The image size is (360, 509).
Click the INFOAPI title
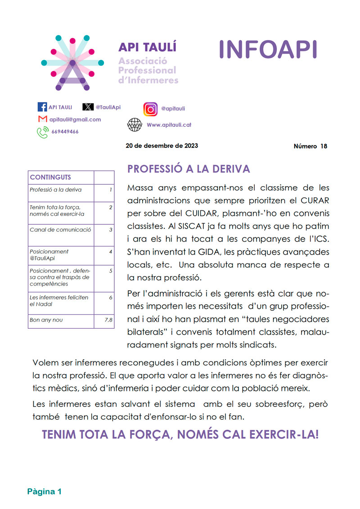(x=268, y=49)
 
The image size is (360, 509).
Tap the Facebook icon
(x=42, y=107)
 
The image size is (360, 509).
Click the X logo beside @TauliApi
(x=88, y=107)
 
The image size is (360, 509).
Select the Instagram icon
(x=150, y=109)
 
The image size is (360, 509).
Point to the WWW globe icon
(x=135, y=125)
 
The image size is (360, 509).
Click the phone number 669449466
(x=65, y=132)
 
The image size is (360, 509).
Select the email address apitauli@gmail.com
(x=75, y=120)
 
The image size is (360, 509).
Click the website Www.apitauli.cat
(x=169, y=125)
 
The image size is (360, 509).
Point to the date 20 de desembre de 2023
(x=162, y=146)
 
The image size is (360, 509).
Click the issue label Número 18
(x=310, y=146)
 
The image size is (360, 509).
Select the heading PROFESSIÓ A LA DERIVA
(x=189, y=169)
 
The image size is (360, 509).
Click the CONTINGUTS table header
(x=50, y=177)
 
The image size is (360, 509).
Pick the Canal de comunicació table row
(x=60, y=229)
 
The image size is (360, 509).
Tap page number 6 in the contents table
(x=110, y=297)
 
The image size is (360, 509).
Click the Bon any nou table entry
(x=46, y=320)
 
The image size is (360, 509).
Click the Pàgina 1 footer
(x=44, y=491)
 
